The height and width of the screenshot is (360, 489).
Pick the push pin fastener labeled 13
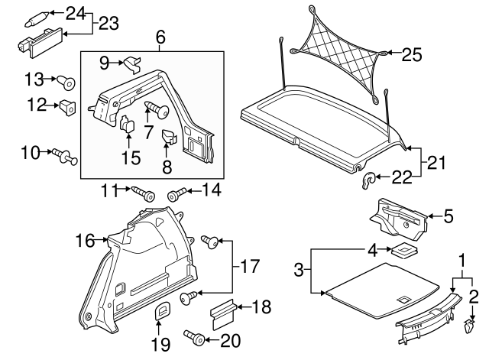pyautogui.click(x=66, y=79)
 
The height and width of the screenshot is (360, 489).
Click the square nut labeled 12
pyautogui.click(x=67, y=106)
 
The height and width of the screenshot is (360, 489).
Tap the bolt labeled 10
pyautogui.click(x=63, y=157)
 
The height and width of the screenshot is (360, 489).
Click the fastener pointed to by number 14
pyautogui.click(x=175, y=195)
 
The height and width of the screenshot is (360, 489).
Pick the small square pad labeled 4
pyautogui.click(x=402, y=251)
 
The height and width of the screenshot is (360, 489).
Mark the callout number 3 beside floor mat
pyautogui.click(x=300, y=271)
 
